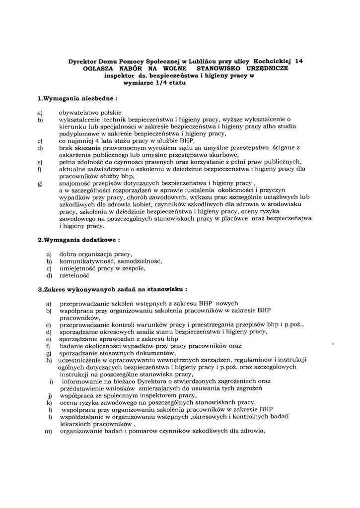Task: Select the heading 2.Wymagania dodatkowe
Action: point(79,240)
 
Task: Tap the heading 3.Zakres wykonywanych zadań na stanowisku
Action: point(113,288)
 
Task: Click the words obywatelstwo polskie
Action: point(86,113)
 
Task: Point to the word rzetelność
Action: point(74,275)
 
